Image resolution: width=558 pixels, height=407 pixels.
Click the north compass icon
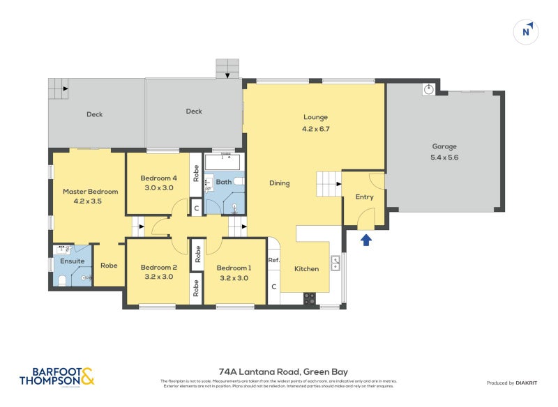click(x=528, y=31)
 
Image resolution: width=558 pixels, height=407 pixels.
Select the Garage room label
click(x=444, y=146)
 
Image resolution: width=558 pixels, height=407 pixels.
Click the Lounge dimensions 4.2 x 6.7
click(x=315, y=128)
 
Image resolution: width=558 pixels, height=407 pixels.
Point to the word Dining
click(x=280, y=183)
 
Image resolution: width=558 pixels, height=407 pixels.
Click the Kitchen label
click(x=306, y=269)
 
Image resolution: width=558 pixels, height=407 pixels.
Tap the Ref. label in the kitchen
click(x=274, y=260)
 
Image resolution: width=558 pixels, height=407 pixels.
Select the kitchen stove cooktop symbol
click(x=309, y=298)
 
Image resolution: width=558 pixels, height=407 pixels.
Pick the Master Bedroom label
click(x=90, y=191)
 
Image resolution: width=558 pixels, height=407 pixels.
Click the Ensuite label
click(x=73, y=261)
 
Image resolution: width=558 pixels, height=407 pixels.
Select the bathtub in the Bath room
click(x=223, y=162)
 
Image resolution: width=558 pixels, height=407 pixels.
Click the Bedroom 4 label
click(x=158, y=178)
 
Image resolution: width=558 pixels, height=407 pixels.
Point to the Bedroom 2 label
click(x=158, y=267)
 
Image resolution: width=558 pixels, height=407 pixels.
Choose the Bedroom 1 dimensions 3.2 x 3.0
click(x=234, y=277)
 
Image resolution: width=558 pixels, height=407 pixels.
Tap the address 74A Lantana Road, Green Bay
click(x=279, y=371)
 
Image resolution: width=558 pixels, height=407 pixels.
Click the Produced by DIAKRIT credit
click(x=515, y=383)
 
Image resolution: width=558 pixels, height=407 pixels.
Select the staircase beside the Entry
click(x=328, y=185)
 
